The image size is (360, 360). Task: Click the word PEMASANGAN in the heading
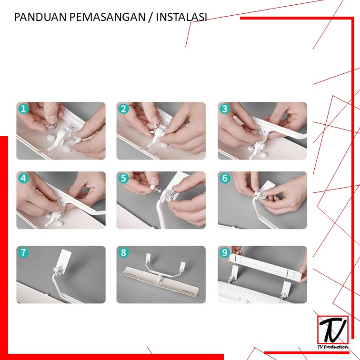click(107, 17)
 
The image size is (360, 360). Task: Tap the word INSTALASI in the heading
click(181, 17)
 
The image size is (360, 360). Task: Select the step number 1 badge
click(23, 109)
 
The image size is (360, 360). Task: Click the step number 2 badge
click(123, 109)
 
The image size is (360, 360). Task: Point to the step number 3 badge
click(225, 109)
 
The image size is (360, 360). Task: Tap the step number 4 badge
click(23, 178)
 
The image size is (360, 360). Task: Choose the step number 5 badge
click(123, 178)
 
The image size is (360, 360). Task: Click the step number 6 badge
click(225, 178)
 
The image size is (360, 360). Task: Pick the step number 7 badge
click(23, 252)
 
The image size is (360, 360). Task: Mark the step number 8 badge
click(123, 252)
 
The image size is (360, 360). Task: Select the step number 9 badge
click(225, 252)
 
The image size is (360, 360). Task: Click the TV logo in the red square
click(333, 330)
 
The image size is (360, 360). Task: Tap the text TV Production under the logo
click(333, 347)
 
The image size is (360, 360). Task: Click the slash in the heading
click(150, 17)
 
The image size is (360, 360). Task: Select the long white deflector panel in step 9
click(266, 266)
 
